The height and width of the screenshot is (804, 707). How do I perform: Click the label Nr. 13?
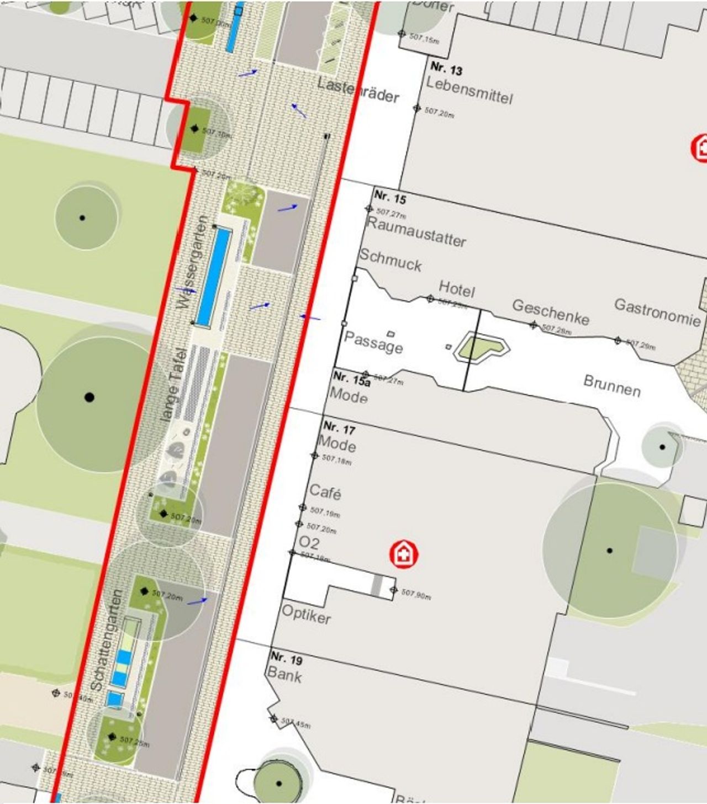pyautogui.click(x=446, y=69)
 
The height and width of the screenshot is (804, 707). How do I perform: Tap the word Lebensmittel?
pyautogui.click(x=469, y=90)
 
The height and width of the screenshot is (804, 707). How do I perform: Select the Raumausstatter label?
pyautogui.click(x=416, y=232)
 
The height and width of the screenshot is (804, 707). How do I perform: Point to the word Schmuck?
pyautogui.click(x=391, y=260)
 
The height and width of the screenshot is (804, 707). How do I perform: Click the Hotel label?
pyautogui.click(x=457, y=288)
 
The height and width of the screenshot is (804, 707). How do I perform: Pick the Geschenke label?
pyautogui.click(x=551, y=312)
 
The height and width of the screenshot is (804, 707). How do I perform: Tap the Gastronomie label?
pyautogui.click(x=657, y=313)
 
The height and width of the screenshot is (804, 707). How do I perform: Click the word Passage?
pyautogui.click(x=373, y=342)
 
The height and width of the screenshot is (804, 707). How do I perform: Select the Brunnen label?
pyautogui.click(x=612, y=386)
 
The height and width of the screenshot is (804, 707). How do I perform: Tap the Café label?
pyautogui.click(x=325, y=491)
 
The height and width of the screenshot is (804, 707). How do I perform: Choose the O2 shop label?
pyautogui.click(x=309, y=542)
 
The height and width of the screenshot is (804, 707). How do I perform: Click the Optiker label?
pyautogui.click(x=307, y=614)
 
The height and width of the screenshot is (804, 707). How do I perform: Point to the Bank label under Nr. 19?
pyautogui.click(x=284, y=675)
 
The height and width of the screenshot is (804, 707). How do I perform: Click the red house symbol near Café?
pyautogui.click(x=404, y=554)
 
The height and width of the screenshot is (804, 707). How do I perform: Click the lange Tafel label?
pyautogui.click(x=173, y=385)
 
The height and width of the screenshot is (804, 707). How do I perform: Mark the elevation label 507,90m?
pyautogui.click(x=416, y=594)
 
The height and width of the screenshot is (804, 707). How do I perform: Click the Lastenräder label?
pyautogui.click(x=358, y=91)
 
